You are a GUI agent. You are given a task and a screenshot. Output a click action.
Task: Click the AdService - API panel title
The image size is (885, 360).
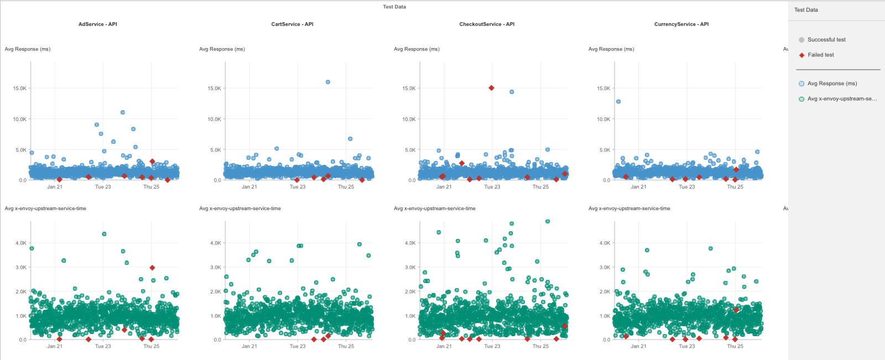coord(97,24)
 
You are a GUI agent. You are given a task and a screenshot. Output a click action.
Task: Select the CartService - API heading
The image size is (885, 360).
coord(292,24)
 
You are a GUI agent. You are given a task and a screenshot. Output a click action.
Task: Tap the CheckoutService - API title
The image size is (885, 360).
coord(487,24)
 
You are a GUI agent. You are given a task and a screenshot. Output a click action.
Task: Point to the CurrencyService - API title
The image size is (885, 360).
coord(681,24)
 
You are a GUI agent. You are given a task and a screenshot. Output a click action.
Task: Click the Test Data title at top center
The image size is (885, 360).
coord(394,7)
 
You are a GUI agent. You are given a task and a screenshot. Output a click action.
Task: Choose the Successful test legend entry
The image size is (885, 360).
coord(826,40)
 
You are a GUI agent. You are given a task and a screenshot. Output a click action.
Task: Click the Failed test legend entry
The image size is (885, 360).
coord(821,55)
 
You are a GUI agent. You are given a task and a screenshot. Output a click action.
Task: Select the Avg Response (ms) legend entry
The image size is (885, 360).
coord(832,84)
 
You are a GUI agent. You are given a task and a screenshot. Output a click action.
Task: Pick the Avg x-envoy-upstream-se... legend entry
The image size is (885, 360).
coord(842,99)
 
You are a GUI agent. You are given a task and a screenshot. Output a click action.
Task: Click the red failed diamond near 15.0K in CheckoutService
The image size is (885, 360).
coord(491,88)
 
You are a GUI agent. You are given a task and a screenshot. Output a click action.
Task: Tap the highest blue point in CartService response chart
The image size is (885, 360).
coord(328,82)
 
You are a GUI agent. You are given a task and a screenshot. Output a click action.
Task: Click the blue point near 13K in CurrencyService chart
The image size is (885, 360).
coord(618,102)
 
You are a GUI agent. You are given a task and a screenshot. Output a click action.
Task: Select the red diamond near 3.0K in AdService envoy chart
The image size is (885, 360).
coord(152,268)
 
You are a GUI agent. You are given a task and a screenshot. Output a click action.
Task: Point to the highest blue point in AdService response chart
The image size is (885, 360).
coord(123,112)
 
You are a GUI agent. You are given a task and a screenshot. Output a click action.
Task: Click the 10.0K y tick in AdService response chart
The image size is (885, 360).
coord(19,119)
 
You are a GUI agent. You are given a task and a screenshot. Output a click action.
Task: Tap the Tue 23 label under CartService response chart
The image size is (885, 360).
coord(298,187)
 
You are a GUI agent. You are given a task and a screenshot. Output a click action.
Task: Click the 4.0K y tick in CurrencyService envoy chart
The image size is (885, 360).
coord(605,243)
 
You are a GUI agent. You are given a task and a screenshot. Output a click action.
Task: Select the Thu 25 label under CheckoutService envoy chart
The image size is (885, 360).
coord(540,346)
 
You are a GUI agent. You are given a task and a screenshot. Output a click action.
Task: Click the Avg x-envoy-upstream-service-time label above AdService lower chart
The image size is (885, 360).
coord(45,208)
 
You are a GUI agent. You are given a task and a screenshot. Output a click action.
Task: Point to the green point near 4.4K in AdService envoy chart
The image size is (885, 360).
coord(104,234)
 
